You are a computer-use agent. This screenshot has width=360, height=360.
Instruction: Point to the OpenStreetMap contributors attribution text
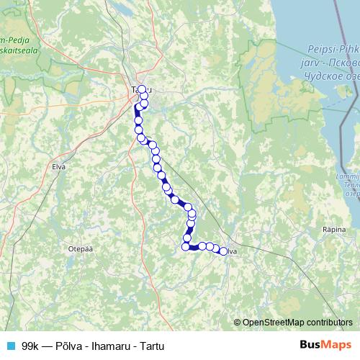[297, 322]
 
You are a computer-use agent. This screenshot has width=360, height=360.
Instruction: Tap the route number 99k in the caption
[30, 346]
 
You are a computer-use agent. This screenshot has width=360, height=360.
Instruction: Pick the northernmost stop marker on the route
[142, 90]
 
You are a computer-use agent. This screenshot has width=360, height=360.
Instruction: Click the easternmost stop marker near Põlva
[224, 251]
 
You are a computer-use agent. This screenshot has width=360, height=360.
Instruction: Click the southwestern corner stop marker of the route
[186, 247]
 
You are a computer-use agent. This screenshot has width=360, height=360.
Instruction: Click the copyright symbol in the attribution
[238, 322]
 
